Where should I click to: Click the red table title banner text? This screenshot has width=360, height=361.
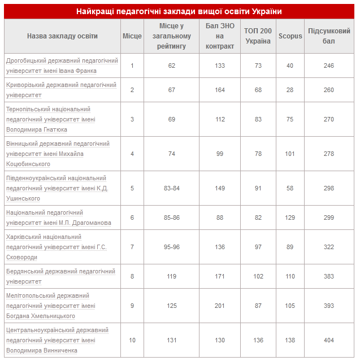point(179,11)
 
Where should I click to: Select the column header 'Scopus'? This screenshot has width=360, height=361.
point(290,36)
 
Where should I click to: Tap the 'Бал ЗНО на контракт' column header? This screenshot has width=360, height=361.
point(220,36)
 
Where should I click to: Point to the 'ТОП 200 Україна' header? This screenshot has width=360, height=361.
point(258,36)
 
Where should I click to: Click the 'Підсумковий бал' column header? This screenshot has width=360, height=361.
point(328,36)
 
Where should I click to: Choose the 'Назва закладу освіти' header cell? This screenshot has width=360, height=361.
point(62,36)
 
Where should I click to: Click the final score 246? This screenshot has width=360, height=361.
point(328,66)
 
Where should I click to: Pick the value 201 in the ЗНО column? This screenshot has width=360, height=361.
point(220,306)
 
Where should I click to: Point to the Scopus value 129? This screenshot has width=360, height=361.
point(290,218)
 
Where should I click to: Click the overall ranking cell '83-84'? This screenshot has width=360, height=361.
point(171,188)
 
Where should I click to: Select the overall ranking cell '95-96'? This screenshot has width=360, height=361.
point(171,247)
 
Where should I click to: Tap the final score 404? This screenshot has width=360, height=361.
point(328,340)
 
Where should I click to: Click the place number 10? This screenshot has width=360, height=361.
point(132,340)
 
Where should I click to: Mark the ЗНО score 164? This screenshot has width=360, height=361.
point(220,90)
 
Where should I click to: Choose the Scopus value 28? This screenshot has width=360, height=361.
point(290,90)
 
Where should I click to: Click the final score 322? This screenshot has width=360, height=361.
point(328,247)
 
